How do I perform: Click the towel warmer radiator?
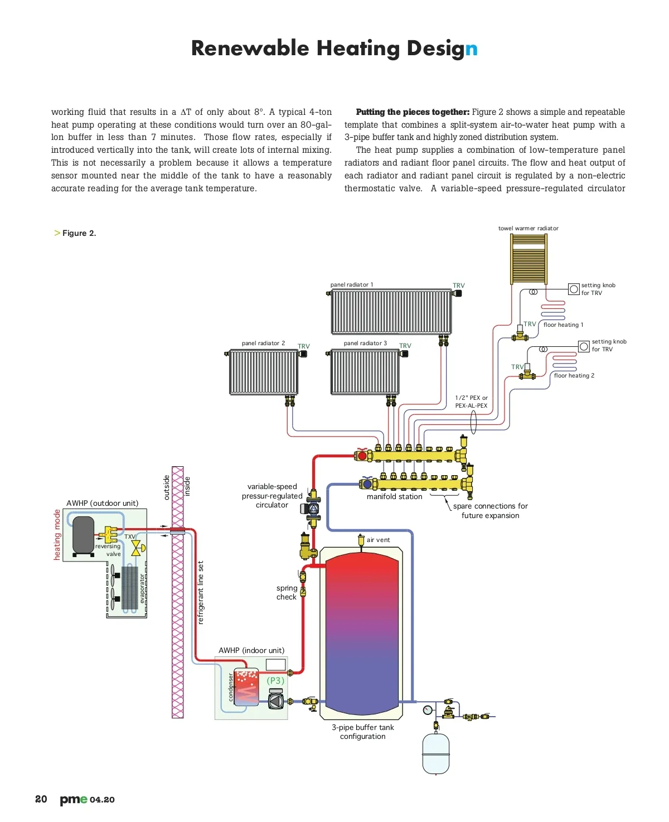tap(529, 259)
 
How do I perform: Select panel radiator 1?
tap(391, 311)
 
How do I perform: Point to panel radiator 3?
tap(365, 371)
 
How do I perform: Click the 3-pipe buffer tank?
tap(362, 633)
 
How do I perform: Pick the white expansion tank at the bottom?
tap(435, 753)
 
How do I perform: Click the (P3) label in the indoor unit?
tap(275, 680)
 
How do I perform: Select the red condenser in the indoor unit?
tap(246, 687)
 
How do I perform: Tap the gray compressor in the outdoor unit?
tap(84, 534)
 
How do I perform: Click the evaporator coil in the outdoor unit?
tap(129, 588)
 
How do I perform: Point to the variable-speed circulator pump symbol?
tap(313, 508)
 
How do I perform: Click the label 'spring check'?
tap(287, 592)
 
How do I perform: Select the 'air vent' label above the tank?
tap(378, 540)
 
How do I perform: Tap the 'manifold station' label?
tap(394, 496)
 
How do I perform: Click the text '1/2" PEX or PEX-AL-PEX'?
tap(471, 402)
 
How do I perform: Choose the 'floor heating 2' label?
tap(574, 375)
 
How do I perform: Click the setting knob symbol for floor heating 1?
tap(574, 289)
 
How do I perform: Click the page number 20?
tap(41, 799)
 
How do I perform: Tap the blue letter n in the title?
tap(471, 49)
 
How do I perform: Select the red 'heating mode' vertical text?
tap(57, 534)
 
